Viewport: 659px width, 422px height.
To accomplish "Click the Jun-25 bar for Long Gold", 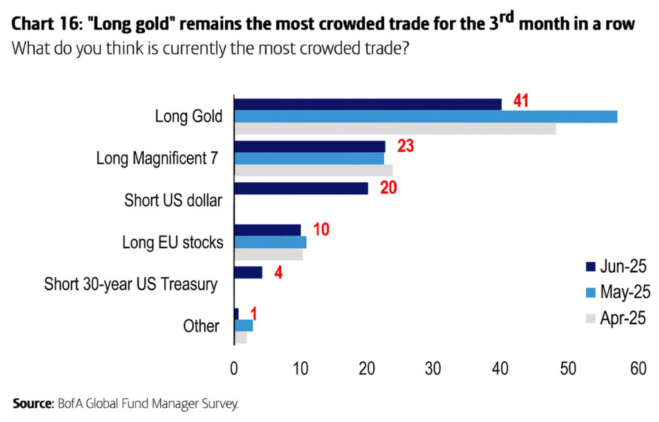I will coord(367,104).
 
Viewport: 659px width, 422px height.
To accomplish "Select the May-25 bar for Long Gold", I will coord(425,116).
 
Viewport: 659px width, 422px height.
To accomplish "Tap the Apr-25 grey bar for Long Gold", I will coord(394,129).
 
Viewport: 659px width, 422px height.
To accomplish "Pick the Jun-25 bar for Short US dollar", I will coord(301,188).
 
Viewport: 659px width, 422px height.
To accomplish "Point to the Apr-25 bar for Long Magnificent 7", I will coord(313,170).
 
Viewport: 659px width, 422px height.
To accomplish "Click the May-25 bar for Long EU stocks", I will coord(270,243).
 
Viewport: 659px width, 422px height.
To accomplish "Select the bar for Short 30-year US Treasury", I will coord(248,272).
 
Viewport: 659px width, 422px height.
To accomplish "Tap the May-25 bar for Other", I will coord(243,326).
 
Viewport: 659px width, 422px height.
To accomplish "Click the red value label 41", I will coord(521,101).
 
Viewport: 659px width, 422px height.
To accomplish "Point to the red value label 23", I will coord(405,145).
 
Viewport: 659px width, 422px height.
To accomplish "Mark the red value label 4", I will coord(279,272).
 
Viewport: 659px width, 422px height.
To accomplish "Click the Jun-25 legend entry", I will coord(611,266).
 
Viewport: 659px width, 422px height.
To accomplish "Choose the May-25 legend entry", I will coord(611,292).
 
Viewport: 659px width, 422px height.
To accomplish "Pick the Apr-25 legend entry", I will coord(611,318).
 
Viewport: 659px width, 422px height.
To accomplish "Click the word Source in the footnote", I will coord(32,404).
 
